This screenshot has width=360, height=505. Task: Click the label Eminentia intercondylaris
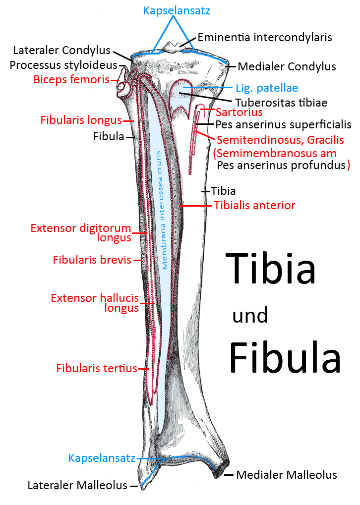click(x=264, y=37)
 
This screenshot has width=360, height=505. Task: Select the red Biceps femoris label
click(x=71, y=79)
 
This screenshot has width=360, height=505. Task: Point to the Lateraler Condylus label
click(x=62, y=50)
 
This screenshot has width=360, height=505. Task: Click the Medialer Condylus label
click(x=287, y=66)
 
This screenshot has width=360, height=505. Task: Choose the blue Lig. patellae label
click(x=267, y=88)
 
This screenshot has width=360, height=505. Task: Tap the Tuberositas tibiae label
click(x=281, y=103)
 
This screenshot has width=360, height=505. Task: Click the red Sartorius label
click(x=239, y=113)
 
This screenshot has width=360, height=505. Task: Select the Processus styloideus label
click(x=63, y=65)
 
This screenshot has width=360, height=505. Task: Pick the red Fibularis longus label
click(x=81, y=120)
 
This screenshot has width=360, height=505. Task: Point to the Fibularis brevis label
click(x=92, y=260)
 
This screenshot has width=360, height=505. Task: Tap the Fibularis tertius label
click(x=96, y=368)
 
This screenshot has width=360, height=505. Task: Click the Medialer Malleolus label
click(x=286, y=475)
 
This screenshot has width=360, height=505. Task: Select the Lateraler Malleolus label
click(x=77, y=486)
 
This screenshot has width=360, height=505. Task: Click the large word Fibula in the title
click(x=285, y=357)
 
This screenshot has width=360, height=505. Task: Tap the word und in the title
click(x=250, y=315)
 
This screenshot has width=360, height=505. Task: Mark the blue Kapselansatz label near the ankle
click(x=102, y=458)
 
